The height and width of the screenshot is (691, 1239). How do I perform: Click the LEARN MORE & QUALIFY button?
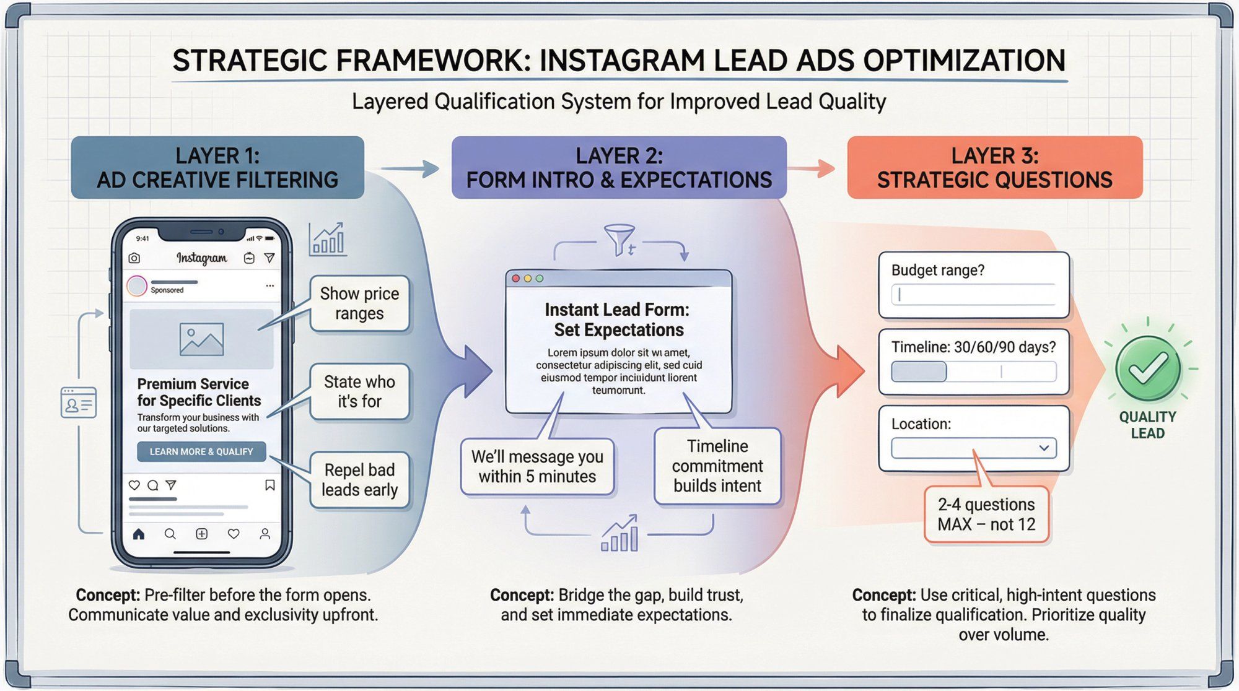coord(201,451)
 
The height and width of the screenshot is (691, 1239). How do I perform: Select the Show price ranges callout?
coord(359,303)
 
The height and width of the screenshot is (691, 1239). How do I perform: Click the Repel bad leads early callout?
coord(359,480)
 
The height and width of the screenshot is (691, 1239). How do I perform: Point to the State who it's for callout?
coord(359,391)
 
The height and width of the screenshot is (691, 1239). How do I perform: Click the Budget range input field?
coord(974,295)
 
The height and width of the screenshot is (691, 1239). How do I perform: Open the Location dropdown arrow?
coord(1044,448)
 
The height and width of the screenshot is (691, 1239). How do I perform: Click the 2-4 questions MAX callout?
coord(986,515)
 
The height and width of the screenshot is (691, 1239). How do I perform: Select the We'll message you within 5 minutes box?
coord(537,466)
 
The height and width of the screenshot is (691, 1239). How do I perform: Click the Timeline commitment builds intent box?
coord(717,466)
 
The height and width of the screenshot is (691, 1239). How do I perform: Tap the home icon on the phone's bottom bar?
coord(139,534)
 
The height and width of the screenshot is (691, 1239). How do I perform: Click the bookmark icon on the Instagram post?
coord(270,485)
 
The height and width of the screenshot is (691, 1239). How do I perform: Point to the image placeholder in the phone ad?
coord(201,339)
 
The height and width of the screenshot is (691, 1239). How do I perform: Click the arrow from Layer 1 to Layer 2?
coord(409,168)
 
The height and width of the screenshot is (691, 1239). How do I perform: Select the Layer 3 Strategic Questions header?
coord(994,167)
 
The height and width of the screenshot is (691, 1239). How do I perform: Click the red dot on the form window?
coord(516,279)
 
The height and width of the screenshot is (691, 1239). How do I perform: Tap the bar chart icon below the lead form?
coord(619,534)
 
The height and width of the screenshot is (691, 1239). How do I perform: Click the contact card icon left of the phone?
coord(79,403)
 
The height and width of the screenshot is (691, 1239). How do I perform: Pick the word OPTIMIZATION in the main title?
coord(964,61)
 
